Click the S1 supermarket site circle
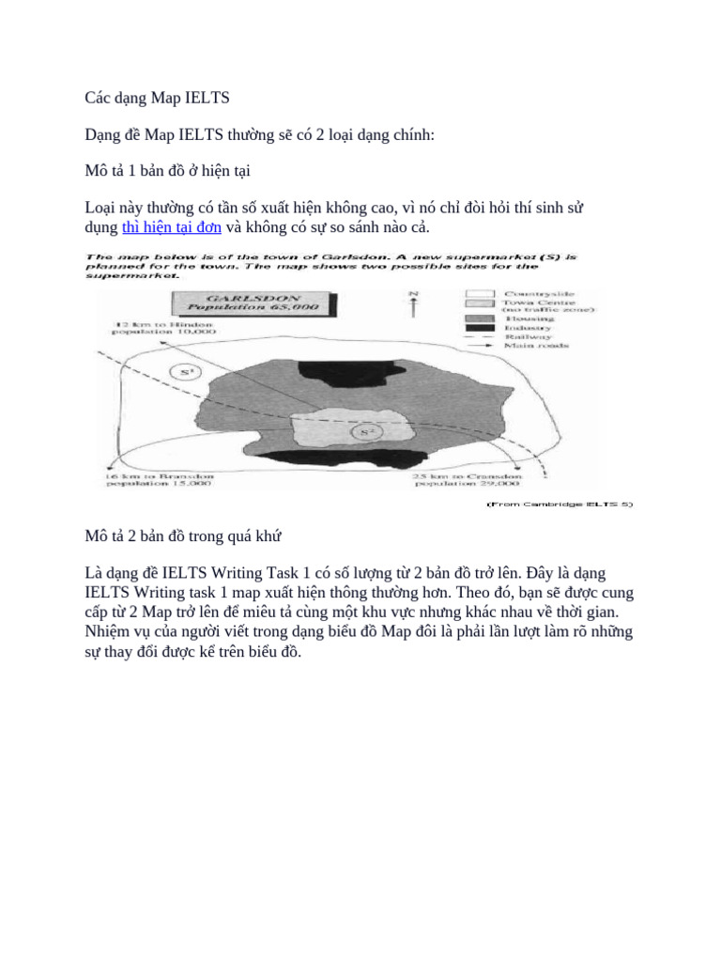(x=188, y=372)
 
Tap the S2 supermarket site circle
(x=367, y=433)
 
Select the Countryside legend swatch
(x=481, y=295)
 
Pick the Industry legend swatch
(x=481, y=327)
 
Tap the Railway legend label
(x=529, y=336)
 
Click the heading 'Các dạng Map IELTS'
(x=150, y=99)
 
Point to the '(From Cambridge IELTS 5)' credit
(x=560, y=504)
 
